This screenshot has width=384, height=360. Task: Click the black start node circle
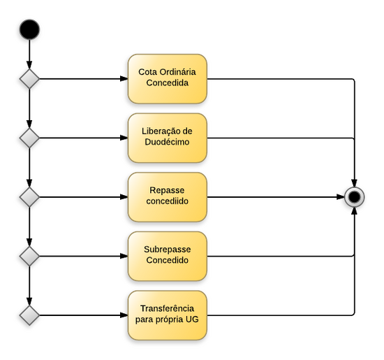pos(29,29)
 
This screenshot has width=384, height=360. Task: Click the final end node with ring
pos(355,197)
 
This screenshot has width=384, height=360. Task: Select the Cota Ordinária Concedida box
pos(167,78)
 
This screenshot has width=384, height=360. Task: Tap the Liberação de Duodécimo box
pos(167,138)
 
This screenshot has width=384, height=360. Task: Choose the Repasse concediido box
pos(167,197)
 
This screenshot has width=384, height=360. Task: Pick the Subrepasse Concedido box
pos(167,256)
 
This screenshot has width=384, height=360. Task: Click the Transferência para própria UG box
pos(167,315)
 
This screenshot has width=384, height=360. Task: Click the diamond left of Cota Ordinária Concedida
pos(29,78)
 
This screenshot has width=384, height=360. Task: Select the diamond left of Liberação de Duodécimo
pos(29,138)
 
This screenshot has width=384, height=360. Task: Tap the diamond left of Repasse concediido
pos(29,197)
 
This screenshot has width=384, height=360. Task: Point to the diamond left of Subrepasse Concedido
pos(29,256)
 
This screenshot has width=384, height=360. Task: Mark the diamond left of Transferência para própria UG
pos(29,315)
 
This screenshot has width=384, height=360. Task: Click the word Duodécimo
pos(167,143)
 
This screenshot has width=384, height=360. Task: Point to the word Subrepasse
pos(167,250)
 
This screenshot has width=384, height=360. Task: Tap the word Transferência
pos(167,309)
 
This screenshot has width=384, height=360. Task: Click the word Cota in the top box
pos(147,72)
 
